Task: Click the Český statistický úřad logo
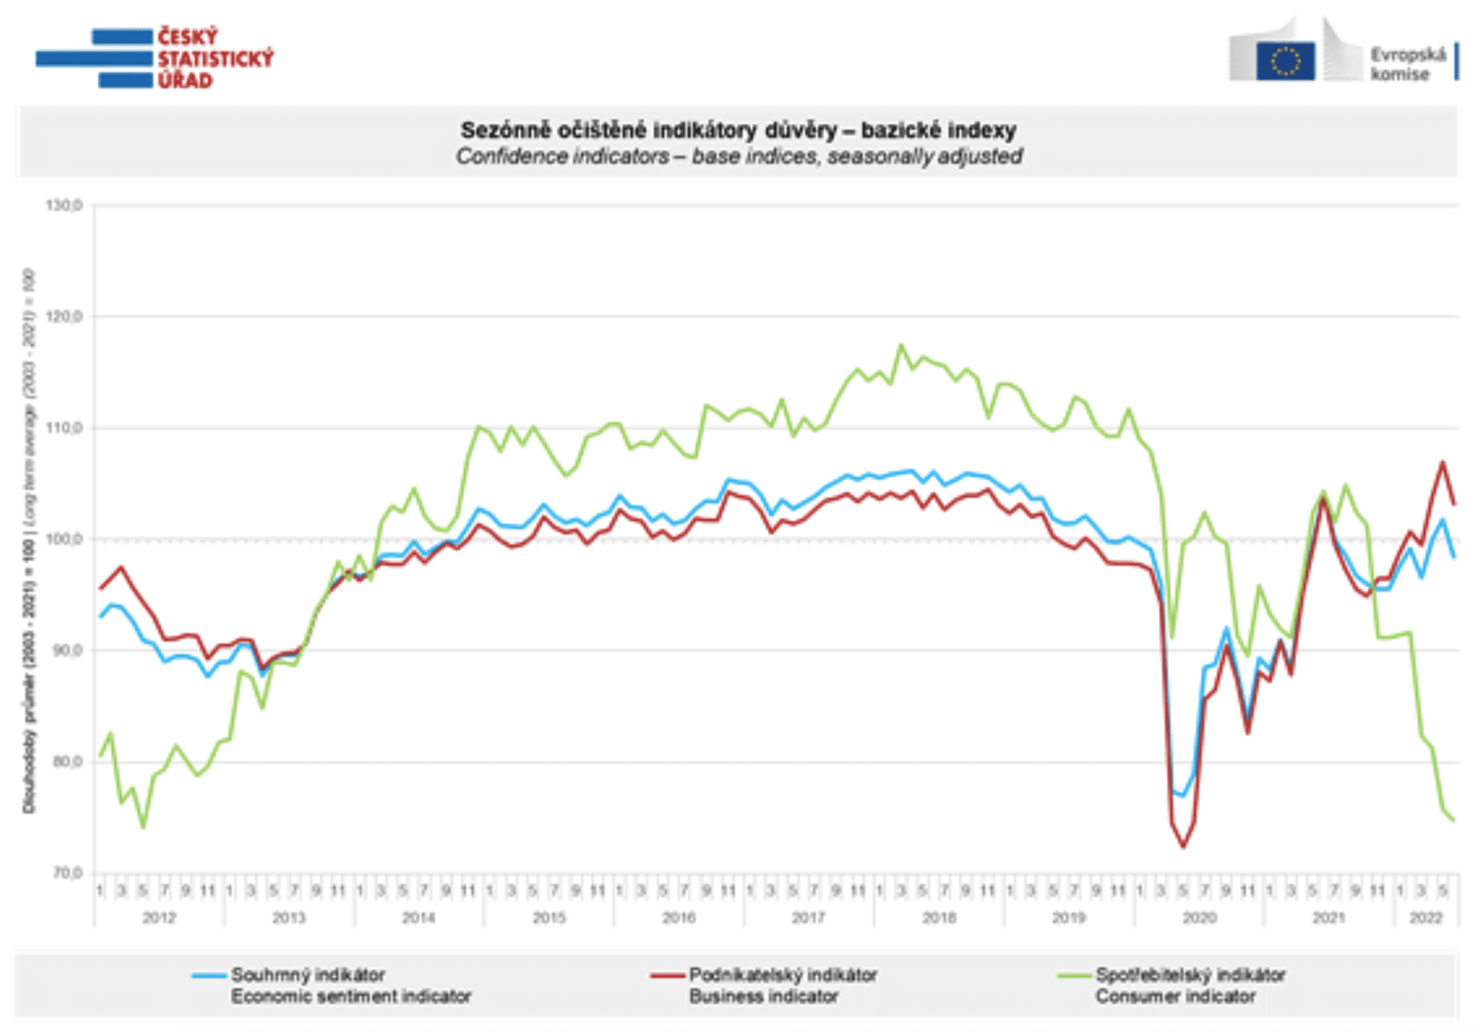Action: [155, 58]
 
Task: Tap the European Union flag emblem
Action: [1285, 61]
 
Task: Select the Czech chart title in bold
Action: [738, 130]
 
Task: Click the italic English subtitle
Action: [738, 157]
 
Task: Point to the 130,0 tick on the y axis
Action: [64, 205]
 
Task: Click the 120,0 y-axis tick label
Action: [64, 317]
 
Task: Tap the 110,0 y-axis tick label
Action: [64, 428]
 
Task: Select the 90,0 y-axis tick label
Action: [65, 650]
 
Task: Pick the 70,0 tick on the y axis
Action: [65, 873]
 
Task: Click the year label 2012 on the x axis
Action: [158, 918]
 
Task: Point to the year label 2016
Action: [678, 918]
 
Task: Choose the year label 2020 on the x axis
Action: [1199, 918]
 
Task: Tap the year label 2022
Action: [1425, 918]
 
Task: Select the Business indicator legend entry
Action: [782, 986]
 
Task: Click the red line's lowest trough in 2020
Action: [1183, 847]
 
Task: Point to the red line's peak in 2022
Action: [1443, 462]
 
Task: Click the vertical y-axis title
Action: [29, 541]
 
